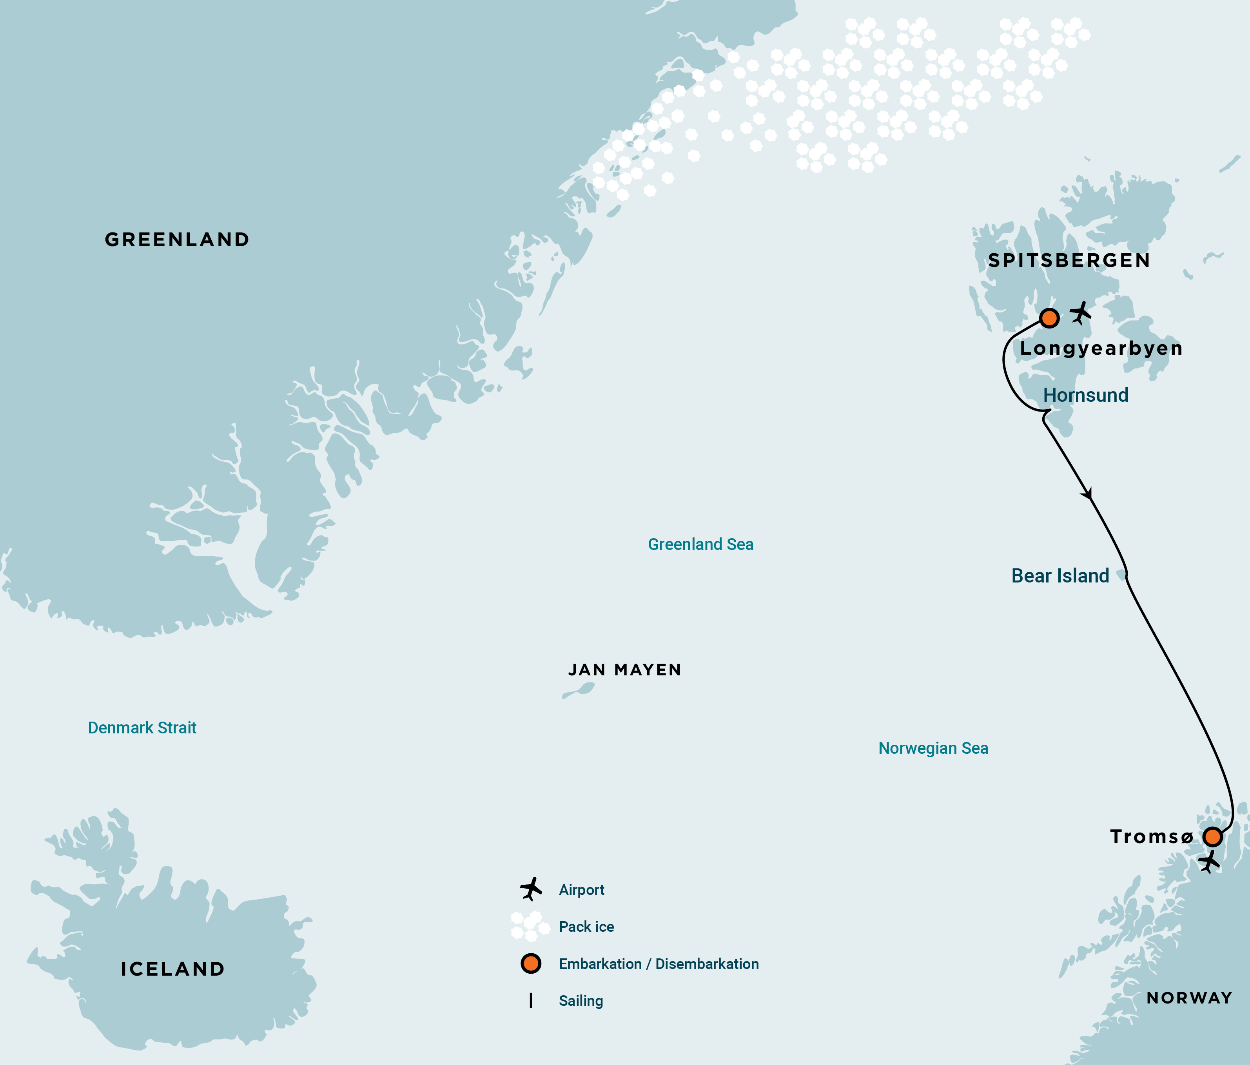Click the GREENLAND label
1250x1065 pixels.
(177, 239)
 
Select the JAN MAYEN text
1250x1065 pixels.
(624, 670)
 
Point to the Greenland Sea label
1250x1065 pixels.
(700, 544)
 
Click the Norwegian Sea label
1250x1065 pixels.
(933, 748)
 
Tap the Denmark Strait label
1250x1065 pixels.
(142, 728)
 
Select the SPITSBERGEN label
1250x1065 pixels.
(1069, 261)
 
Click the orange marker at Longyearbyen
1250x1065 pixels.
(1049, 318)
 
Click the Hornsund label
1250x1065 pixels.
(1085, 395)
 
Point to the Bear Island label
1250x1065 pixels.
(1060, 576)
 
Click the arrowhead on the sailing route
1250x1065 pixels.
(1088, 493)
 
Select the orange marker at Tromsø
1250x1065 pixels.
(1212, 837)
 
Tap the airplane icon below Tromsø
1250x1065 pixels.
(1208, 862)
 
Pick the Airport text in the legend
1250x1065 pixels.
(581, 890)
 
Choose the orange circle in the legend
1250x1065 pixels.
(531, 963)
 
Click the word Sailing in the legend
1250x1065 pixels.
(581, 1001)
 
